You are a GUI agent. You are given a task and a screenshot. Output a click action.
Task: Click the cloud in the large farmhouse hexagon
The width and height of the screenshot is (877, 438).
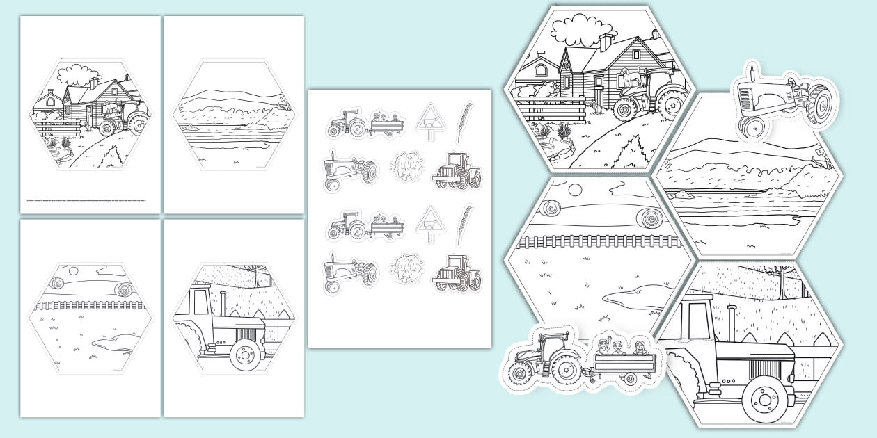point(581,32)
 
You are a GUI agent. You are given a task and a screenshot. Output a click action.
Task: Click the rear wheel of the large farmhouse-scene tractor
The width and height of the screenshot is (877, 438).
point(672,105)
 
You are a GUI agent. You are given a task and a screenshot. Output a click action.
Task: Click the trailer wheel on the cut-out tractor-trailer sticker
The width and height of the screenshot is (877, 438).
point(630,380)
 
